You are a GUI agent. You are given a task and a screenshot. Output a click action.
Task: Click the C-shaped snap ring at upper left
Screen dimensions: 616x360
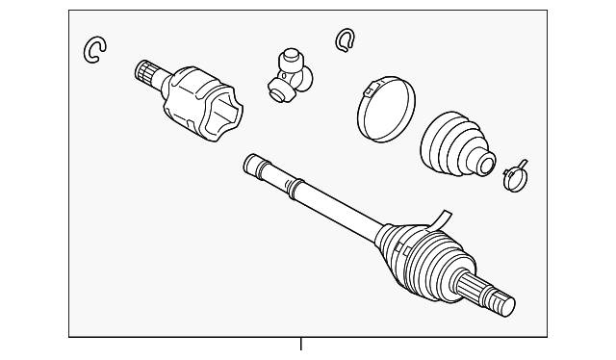pyautogui.click(x=93, y=49)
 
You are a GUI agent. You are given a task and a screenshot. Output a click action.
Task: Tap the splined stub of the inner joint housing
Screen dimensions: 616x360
pyautogui.click(x=147, y=72)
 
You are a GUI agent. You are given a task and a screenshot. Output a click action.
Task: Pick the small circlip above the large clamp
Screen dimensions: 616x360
pyautogui.click(x=345, y=39)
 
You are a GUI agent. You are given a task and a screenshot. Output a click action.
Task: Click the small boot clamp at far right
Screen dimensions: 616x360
pyautogui.click(x=513, y=173)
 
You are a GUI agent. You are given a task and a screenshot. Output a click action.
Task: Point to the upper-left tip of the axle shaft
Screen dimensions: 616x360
pyautogui.click(x=250, y=159)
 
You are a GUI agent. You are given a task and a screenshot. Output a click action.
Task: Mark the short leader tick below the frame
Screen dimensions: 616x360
pyautogui.click(x=301, y=343)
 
